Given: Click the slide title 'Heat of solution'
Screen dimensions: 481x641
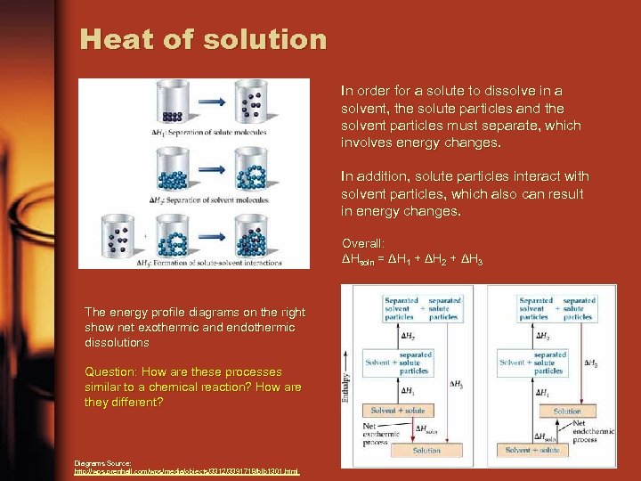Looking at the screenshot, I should [x=203, y=39].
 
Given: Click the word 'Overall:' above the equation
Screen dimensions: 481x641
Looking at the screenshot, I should [x=363, y=242].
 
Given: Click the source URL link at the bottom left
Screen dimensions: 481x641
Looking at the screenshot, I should [x=187, y=470].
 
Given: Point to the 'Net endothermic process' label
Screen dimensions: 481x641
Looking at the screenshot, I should [x=592, y=432].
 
